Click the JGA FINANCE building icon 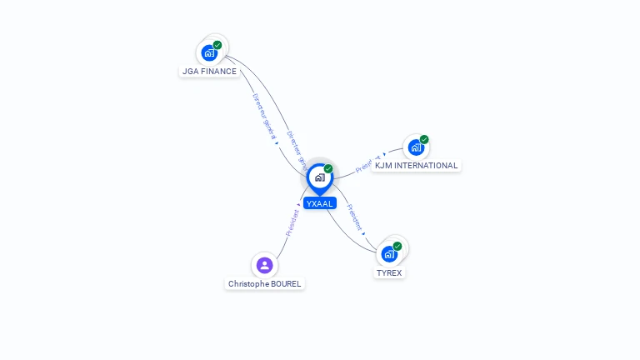coord(209,52)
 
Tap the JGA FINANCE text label coord(209,72)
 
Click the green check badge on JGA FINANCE coord(217,45)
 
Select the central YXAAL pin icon coord(319,177)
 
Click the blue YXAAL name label coord(319,203)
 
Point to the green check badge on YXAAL coord(328,169)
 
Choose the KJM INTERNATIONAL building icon coord(416,147)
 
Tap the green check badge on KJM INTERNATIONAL coord(424,139)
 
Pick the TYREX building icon coord(389,254)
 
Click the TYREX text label coord(389,273)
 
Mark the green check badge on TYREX coord(397,247)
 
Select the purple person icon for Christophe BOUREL coord(264,265)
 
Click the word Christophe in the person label coord(248,284)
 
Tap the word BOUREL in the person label coord(285,284)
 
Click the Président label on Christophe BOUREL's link coord(292,222)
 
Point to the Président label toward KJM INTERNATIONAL coord(367,162)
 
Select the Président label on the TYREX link coord(354,217)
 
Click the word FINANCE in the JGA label coord(219,72)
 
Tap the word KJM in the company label coord(383,166)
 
